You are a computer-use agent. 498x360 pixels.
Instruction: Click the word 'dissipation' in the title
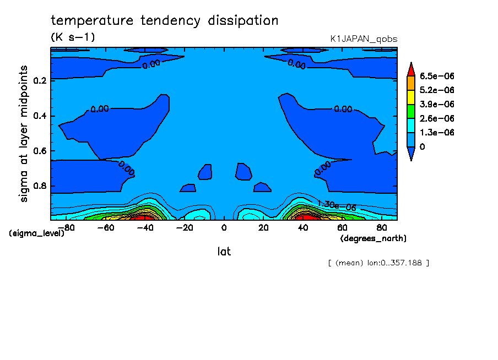pyautogui.click(x=243, y=21)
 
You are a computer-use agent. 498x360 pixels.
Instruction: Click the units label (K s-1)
pyautogui.click(x=73, y=37)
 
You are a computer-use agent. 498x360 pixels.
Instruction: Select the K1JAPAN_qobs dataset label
pyautogui.click(x=364, y=39)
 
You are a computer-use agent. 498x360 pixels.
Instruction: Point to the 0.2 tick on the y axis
pyautogui.click(x=40, y=80)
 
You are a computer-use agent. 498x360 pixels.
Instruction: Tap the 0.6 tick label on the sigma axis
pyautogui.click(x=40, y=151)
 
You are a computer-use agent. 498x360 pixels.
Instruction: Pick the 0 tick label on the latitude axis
pyautogui.click(x=224, y=228)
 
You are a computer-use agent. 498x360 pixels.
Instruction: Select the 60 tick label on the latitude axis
pyautogui.click(x=342, y=228)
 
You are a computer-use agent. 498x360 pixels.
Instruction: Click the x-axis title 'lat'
pyautogui.click(x=224, y=252)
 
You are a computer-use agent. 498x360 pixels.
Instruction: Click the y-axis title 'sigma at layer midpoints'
pyautogui.click(x=24, y=134)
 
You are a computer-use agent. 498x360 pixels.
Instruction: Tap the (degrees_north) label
pyautogui.click(x=373, y=238)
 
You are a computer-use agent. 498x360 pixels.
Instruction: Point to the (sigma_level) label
pyautogui.click(x=36, y=233)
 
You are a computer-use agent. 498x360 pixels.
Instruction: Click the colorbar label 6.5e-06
pyautogui.click(x=437, y=76)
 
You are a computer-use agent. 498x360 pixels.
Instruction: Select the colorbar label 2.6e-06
pyautogui.click(x=437, y=118)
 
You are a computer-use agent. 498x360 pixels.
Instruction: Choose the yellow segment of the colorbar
pyautogui.click(x=411, y=97)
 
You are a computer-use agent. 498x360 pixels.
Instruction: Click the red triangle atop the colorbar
pyautogui.click(x=411, y=69)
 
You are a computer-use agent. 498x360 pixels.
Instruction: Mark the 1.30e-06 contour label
pyautogui.click(x=337, y=206)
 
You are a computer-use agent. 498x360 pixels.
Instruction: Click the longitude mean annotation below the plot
pyautogui.click(x=378, y=263)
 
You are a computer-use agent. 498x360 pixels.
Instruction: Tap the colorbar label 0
pyautogui.click(x=422, y=146)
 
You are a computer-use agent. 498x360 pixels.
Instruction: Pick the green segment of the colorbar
pyautogui.click(x=411, y=111)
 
